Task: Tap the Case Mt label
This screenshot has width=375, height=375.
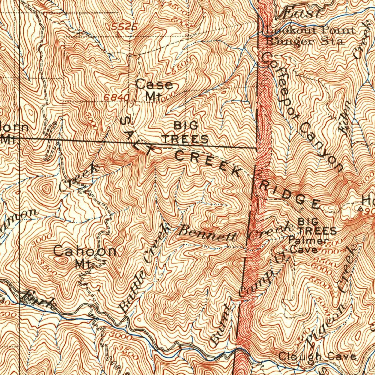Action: pyautogui.click(x=154, y=90)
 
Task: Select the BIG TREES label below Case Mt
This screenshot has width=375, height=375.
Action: pyautogui.click(x=186, y=133)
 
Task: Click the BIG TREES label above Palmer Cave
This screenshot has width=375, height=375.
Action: pyautogui.click(x=317, y=226)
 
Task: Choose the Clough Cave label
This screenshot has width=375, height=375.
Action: pyautogui.click(x=317, y=356)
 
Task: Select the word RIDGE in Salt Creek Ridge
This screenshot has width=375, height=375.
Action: pyautogui.click(x=289, y=194)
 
